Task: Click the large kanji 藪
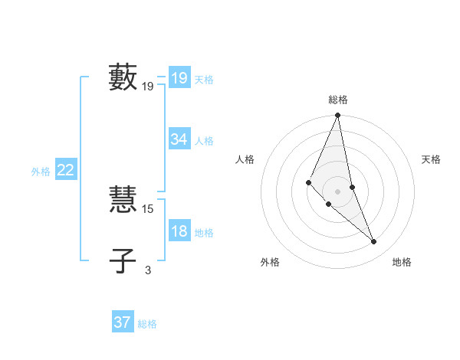(x=123, y=77)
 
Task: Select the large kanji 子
(x=123, y=260)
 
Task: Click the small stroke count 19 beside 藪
(x=148, y=87)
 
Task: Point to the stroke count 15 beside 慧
(x=148, y=208)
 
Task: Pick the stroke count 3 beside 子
(x=148, y=270)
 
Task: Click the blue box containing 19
(x=179, y=78)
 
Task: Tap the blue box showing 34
(x=179, y=139)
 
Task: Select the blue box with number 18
(x=179, y=231)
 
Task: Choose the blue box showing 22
(x=65, y=170)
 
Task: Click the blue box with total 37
(x=122, y=322)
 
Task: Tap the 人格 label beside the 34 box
(x=204, y=141)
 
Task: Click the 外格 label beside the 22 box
(x=41, y=172)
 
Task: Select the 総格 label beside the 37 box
(x=147, y=324)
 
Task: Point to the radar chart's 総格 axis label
(x=337, y=100)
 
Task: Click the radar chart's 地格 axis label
(x=402, y=263)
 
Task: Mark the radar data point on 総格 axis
(x=337, y=116)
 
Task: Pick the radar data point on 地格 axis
(x=374, y=242)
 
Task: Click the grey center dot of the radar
(x=337, y=191)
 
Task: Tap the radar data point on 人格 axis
(x=308, y=182)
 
